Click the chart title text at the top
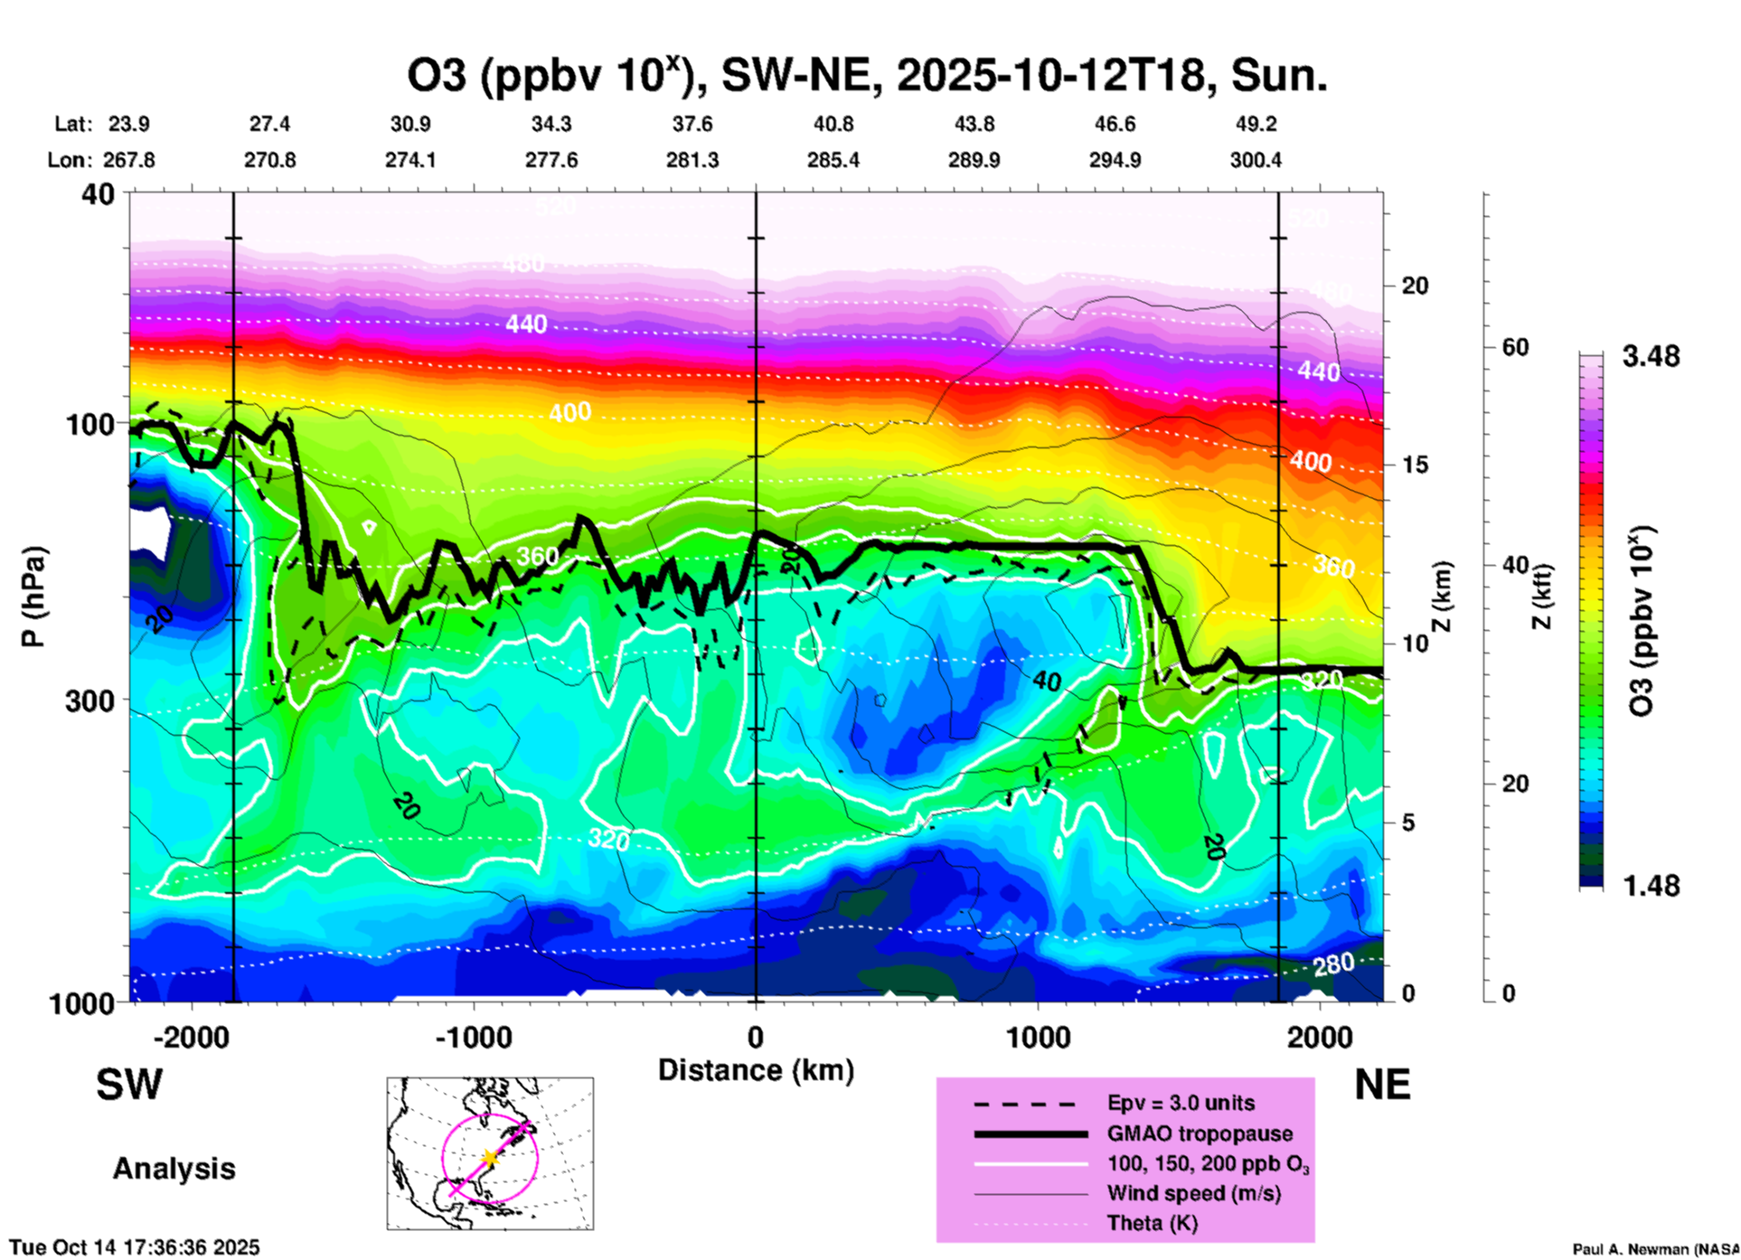tap(866, 76)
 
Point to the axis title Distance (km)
tap(756, 1070)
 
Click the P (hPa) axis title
tap(33, 597)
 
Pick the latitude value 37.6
tap(692, 124)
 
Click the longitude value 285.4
tap(833, 160)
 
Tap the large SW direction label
tap(129, 1085)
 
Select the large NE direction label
tap(1382, 1085)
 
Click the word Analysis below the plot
tap(174, 1169)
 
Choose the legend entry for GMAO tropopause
tap(1200, 1133)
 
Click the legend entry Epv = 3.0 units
tap(1181, 1104)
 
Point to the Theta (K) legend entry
tap(1152, 1224)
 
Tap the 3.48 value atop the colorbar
tap(1651, 357)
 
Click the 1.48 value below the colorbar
tap(1651, 886)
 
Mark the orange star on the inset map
tap(489, 1158)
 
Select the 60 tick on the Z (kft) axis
tap(1515, 347)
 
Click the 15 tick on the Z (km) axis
tap(1414, 465)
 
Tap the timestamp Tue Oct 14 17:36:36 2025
tap(135, 1247)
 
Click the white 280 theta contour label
tap(1333, 965)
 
